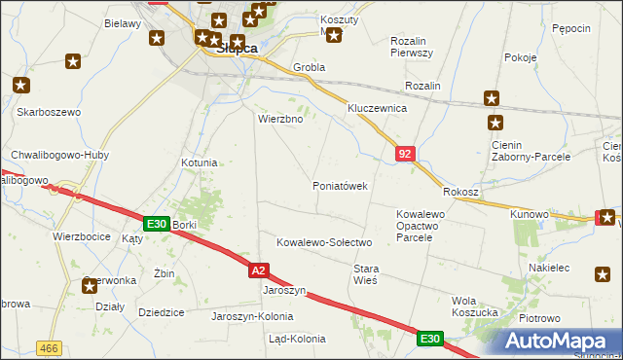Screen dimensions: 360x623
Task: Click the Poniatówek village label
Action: (339, 186)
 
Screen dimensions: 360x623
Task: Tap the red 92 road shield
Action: (405, 153)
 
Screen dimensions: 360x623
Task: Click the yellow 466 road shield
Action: (48, 347)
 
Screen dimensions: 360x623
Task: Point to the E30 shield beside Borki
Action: (156, 224)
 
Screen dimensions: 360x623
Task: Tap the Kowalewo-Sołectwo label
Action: (324, 242)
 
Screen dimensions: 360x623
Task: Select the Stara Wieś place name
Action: (365, 273)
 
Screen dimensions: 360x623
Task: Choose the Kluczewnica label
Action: (377, 109)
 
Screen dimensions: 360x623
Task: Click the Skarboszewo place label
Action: (48, 112)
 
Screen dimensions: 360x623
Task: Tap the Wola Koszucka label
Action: (477, 306)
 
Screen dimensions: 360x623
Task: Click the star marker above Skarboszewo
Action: (20, 86)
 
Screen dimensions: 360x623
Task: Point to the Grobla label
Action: (310, 68)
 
